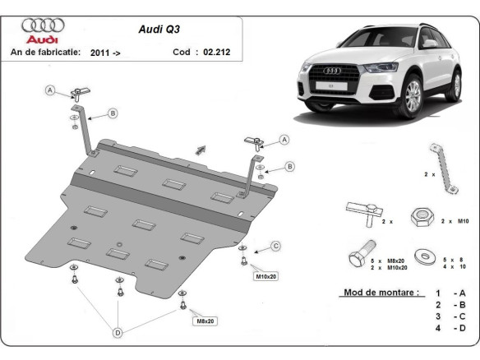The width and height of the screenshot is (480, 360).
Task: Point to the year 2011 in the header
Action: [x=102, y=51]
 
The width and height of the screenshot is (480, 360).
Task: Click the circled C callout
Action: [x=275, y=246]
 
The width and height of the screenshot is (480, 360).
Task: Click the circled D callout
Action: [x=119, y=332]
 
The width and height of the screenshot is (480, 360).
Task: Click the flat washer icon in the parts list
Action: [x=425, y=253]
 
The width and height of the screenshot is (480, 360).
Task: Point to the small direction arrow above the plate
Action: [x=200, y=149]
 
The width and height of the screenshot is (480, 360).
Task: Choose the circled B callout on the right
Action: [x=289, y=167]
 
